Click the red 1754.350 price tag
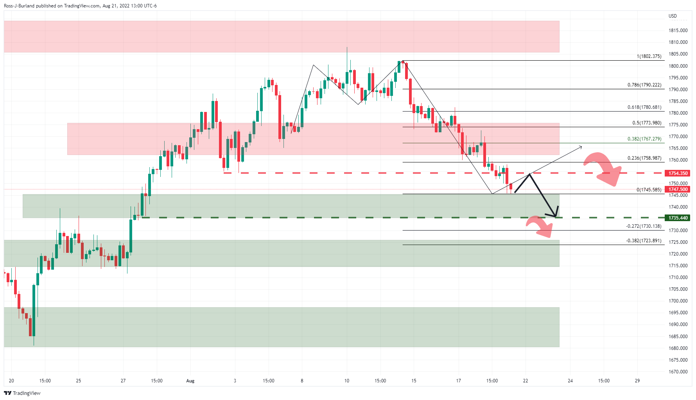click(678, 173)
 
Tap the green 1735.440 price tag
click(678, 218)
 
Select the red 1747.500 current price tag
click(678, 189)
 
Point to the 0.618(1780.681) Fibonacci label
click(644, 107)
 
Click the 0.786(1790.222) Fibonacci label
click(644, 85)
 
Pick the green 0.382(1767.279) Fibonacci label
click(644, 139)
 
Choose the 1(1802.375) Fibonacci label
click(649, 56)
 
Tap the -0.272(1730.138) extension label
click(644, 226)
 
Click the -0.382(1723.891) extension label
click(644, 241)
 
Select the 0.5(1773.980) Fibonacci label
click(647, 123)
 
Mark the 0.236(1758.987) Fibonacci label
click(644, 158)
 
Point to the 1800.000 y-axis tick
click(678, 66)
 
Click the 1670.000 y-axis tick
click(678, 372)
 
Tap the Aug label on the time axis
click(190, 381)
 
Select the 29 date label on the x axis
click(637, 381)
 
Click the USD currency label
click(673, 16)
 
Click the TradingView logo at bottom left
click(22, 393)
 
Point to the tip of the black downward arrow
click(555, 216)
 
